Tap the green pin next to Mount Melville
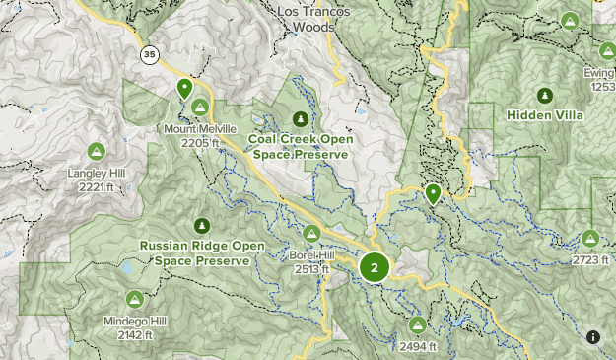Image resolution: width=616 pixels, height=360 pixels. pyautogui.click(x=184, y=88)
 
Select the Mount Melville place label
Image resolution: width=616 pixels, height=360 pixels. pyautogui.click(x=200, y=129)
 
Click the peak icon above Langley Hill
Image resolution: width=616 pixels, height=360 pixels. pyautogui.click(x=96, y=151)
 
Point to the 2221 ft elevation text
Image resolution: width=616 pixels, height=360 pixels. pyautogui.click(x=97, y=187)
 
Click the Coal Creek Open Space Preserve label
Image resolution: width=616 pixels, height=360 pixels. pyautogui.click(x=301, y=146)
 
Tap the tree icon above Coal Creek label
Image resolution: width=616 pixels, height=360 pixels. pyautogui.click(x=299, y=118)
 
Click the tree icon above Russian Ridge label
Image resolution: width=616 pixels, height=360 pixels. pyautogui.click(x=203, y=225)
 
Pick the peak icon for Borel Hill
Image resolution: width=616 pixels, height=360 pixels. pyautogui.click(x=311, y=233)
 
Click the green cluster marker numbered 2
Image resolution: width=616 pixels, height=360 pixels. pyautogui.click(x=375, y=266)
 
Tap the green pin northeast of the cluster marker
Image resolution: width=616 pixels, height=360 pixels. pyautogui.click(x=433, y=193)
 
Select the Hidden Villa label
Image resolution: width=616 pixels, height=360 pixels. pyautogui.click(x=545, y=115)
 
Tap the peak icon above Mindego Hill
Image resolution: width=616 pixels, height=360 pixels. pyautogui.click(x=134, y=299)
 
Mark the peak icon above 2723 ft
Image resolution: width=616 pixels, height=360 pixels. pyautogui.click(x=589, y=238)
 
